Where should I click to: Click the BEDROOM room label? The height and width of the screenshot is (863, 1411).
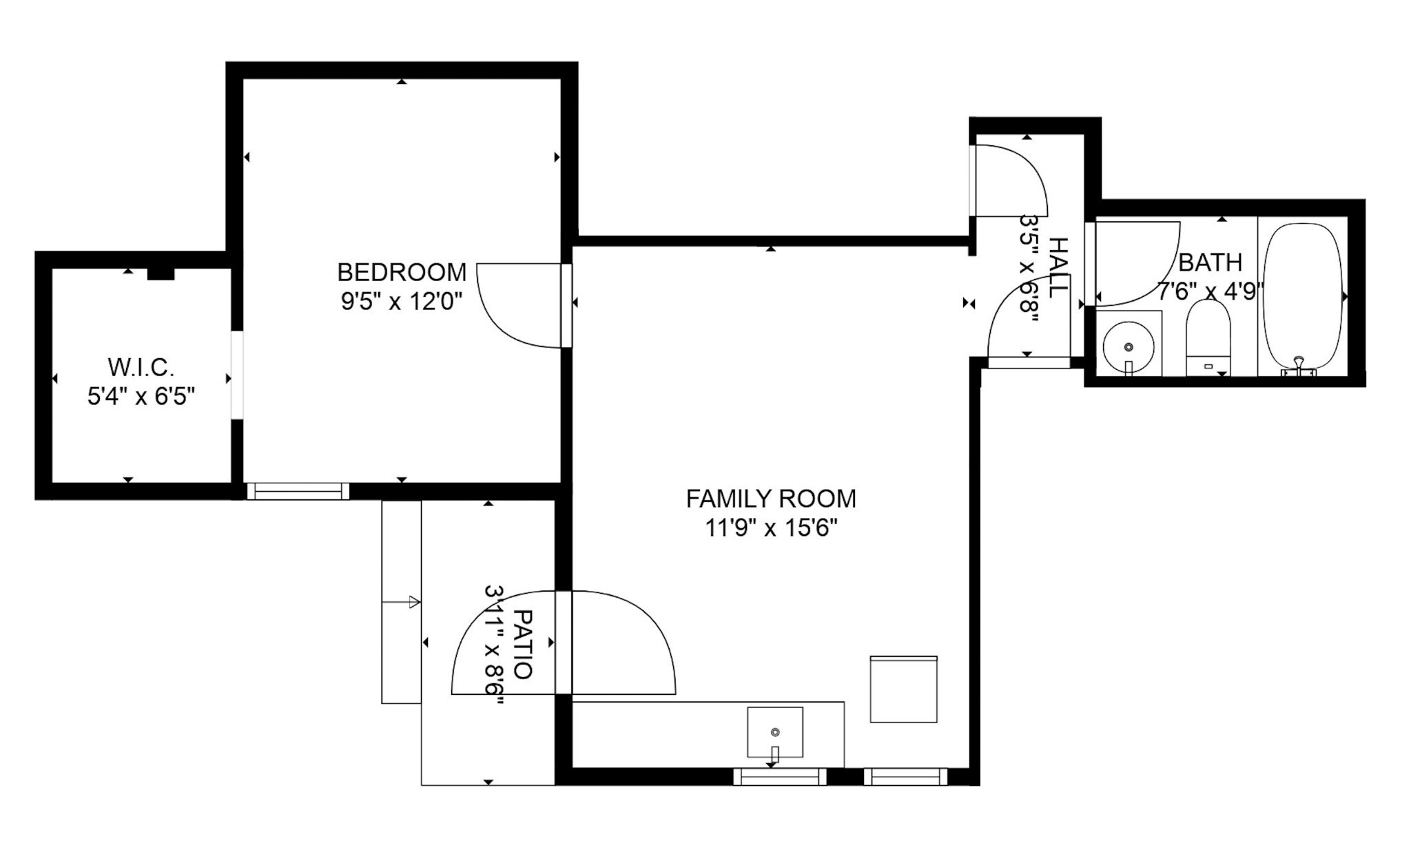[401, 273]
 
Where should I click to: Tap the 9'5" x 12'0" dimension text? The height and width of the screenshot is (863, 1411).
[401, 302]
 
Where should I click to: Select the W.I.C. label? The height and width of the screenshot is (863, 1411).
[141, 367]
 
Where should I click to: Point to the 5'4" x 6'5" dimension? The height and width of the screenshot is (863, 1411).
[141, 397]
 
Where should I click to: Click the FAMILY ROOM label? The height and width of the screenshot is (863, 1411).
[770, 499]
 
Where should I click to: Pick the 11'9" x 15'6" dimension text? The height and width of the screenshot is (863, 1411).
[770, 528]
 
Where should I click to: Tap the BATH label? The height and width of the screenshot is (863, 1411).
[1210, 262]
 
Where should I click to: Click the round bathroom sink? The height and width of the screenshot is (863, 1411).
[1128, 345]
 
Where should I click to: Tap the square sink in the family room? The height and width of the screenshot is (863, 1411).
[775, 731]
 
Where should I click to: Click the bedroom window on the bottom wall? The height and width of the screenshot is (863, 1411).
[298, 491]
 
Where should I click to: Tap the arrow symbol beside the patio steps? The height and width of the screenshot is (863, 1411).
[412, 602]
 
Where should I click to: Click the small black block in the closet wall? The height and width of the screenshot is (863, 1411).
[161, 273]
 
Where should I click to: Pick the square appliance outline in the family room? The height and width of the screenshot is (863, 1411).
[903, 689]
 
